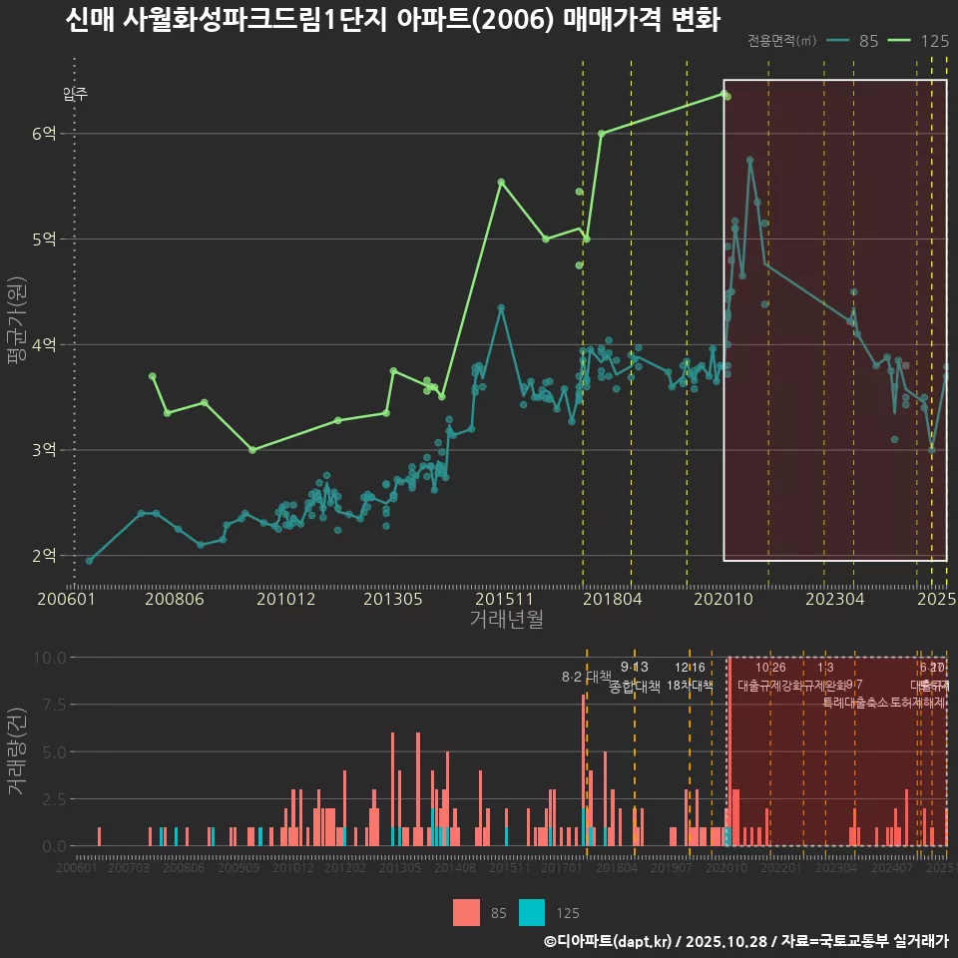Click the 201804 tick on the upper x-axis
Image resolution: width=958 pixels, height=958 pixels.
(611, 599)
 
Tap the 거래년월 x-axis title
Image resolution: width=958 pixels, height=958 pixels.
(506, 620)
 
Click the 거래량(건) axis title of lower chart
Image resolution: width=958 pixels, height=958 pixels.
(17, 751)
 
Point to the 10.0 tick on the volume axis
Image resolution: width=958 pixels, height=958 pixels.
(49, 658)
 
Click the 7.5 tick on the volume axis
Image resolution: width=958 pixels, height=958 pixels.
(49, 705)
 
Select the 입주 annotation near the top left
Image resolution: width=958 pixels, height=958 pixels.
(75, 95)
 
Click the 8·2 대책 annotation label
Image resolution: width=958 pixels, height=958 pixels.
(586, 678)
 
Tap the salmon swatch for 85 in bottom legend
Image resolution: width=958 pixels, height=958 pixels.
(466, 912)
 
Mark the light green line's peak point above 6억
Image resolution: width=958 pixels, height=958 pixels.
(723, 94)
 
